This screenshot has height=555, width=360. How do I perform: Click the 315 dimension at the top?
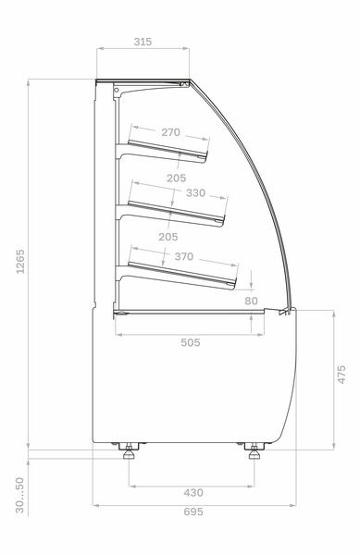[x=142, y=42]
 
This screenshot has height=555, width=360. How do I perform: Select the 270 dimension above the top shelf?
[x=170, y=132]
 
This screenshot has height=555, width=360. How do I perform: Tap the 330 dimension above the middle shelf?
[x=195, y=193]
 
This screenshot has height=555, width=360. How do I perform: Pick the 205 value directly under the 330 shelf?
[x=168, y=237]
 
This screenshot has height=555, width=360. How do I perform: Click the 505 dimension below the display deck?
[x=189, y=342]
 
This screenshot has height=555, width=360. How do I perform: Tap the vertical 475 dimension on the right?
[x=341, y=375]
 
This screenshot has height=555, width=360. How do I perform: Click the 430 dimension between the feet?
[x=193, y=493]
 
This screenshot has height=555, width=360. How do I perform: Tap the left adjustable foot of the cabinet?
[x=129, y=452]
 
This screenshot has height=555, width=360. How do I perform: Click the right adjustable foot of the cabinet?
[x=256, y=452]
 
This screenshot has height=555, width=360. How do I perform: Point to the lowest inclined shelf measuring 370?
[x=185, y=275]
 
